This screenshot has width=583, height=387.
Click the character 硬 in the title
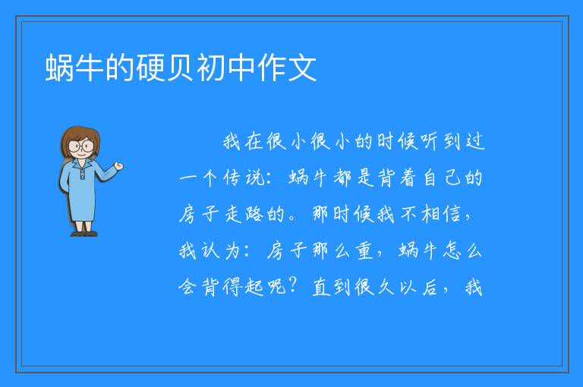pos(151,68)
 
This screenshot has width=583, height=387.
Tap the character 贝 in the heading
pos(181,68)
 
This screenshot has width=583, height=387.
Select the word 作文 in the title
pos(287,68)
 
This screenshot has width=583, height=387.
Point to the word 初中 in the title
pos(226,68)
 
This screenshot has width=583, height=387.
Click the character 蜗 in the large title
pos(59,68)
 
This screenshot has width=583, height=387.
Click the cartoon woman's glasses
pos(81,146)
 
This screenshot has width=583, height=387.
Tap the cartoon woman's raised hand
pos(118,166)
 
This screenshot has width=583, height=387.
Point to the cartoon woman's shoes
pos(84,234)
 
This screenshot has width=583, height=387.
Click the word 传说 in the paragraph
pos(244,178)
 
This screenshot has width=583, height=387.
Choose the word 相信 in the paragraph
pos(442,215)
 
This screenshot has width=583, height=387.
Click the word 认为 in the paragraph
pos(222,250)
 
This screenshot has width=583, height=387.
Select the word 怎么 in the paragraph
pos(463,250)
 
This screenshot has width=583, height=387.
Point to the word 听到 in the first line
pos(430,142)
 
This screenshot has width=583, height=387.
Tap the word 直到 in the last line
pos(332,287)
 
